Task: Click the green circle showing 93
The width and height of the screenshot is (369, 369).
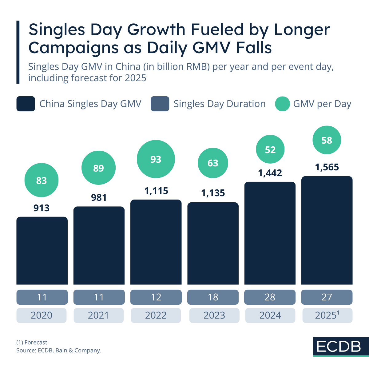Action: [x=156, y=159]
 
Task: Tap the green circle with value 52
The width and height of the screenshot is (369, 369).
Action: [x=270, y=149]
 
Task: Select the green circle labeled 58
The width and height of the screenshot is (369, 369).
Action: [x=327, y=140]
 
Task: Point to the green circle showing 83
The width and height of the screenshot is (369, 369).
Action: [x=42, y=180]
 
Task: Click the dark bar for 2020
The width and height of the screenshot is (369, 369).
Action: [x=42, y=251]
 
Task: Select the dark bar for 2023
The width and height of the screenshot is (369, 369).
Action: [x=213, y=243]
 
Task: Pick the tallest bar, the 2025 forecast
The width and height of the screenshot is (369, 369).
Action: [x=327, y=230]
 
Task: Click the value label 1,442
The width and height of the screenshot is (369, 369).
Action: [x=270, y=173]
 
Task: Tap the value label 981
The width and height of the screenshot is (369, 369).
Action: [x=99, y=197]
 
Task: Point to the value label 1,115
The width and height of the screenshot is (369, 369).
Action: [x=156, y=191]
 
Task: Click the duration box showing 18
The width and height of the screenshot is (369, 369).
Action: [x=213, y=297]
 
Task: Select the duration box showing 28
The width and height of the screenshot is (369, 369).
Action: [x=270, y=297]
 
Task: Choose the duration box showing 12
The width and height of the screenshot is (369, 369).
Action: [x=156, y=297]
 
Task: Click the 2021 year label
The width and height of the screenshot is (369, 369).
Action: [x=98, y=315]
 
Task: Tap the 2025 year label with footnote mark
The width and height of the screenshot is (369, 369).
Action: [x=327, y=315]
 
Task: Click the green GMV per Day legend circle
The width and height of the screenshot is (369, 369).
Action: [x=282, y=104]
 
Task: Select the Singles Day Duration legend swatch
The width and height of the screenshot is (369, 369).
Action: [x=160, y=104]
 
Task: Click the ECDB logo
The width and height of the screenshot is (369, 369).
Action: [x=339, y=347]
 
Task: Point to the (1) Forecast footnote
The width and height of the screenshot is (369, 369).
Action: [x=32, y=343]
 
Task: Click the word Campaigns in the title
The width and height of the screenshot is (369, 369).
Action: [x=74, y=48]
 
